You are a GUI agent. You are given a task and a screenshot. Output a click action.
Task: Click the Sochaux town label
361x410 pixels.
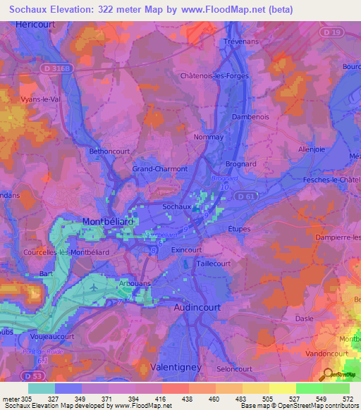coord(176,207)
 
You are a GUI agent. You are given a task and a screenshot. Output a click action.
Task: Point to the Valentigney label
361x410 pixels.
coord(176,367)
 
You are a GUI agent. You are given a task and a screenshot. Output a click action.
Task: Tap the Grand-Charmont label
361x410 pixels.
coord(160,169)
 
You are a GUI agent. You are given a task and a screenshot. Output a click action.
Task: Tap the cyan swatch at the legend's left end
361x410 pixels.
coord(42,388)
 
